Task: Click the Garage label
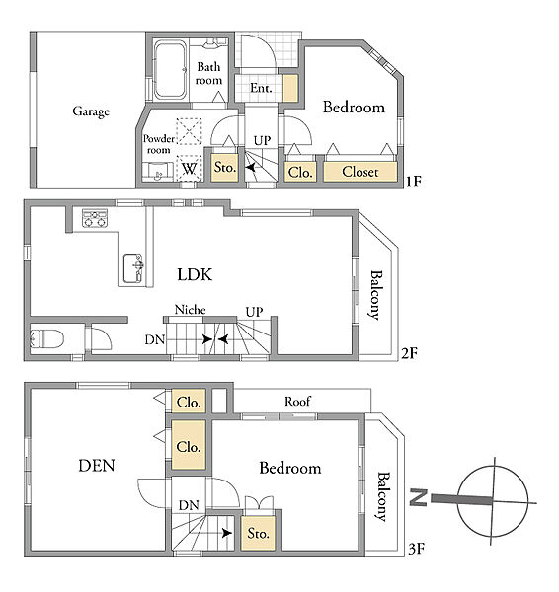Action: [x=91, y=111]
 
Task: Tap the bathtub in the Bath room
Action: [x=170, y=70]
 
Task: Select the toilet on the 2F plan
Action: [x=46, y=338]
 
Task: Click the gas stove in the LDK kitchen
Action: [x=95, y=218]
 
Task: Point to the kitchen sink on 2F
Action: [x=133, y=267]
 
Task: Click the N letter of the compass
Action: [x=419, y=497]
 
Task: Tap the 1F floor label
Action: [x=414, y=182]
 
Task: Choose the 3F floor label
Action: [x=417, y=549]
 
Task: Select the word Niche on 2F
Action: [x=190, y=310]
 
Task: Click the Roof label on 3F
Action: [x=298, y=401]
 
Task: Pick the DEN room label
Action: [x=97, y=466]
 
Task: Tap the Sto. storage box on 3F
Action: [x=258, y=533]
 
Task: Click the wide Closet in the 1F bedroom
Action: [x=360, y=172]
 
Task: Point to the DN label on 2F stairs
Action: [x=155, y=339]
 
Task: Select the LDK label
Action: [x=195, y=274]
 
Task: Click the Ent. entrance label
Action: [x=261, y=88]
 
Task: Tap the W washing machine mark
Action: [x=189, y=168]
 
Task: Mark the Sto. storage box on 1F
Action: [x=225, y=167]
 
